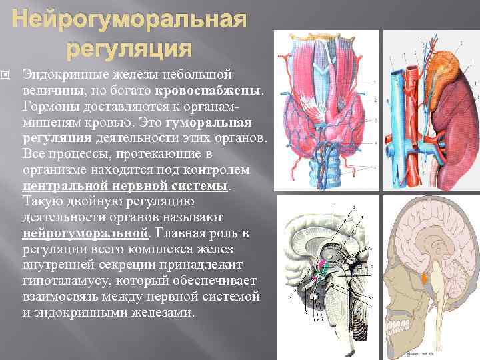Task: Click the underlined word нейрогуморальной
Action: tap(85, 233)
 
